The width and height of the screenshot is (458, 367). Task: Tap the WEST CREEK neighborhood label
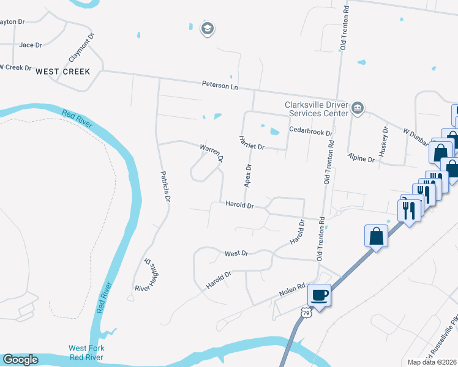point(63,72)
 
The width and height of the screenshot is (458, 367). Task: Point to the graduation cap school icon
point(208,29)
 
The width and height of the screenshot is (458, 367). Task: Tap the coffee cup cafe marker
point(319,295)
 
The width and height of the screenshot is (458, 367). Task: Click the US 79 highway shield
point(306,313)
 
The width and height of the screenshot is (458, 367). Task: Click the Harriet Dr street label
point(251,143)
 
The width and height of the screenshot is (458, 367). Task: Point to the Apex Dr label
point(249,176)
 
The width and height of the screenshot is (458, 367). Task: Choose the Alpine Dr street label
point(361,158)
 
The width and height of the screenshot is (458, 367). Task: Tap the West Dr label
point(236,253)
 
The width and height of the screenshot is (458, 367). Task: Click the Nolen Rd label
point(293,287)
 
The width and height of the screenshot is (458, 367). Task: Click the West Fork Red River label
point(86,352)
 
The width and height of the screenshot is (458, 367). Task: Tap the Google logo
point(20,359)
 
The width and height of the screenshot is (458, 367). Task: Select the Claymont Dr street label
point(83,47)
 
